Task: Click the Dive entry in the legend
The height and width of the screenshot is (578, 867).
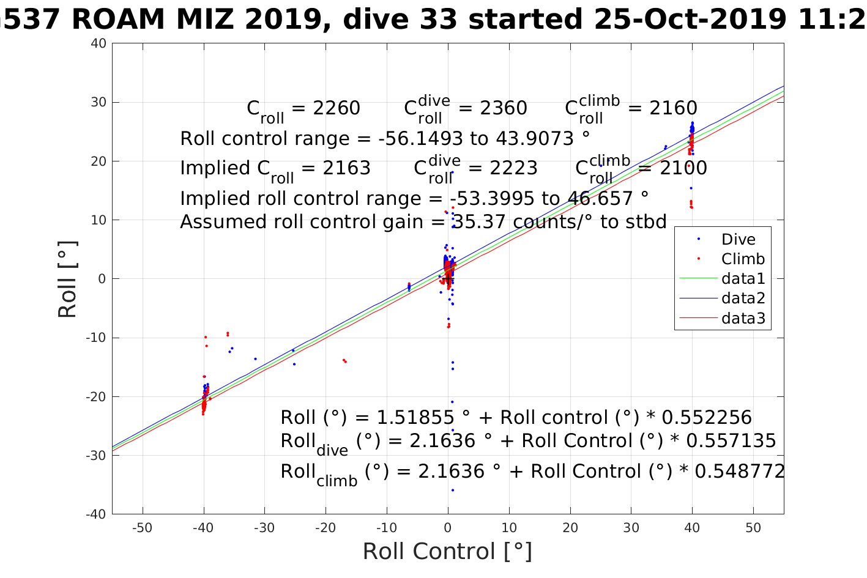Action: click(738, 240)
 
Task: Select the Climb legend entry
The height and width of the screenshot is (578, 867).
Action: click(743, 259)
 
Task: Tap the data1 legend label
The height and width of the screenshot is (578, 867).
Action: click(743, 279)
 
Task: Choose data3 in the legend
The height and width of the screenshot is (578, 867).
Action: click(743, 318)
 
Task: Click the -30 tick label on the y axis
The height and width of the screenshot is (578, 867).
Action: click(96, 456)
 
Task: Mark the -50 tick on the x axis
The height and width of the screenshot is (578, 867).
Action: click(143, 528)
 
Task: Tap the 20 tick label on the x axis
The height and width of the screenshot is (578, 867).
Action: click(570, 528)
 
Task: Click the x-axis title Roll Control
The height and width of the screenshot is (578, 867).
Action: click(447, 552)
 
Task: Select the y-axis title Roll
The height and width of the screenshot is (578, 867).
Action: click(67, 280)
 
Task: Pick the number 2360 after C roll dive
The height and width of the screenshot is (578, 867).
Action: click(503, 108)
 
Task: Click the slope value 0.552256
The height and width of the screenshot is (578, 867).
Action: click(707, 418)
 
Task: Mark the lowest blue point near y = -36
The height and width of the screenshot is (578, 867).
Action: click(453, 490)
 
